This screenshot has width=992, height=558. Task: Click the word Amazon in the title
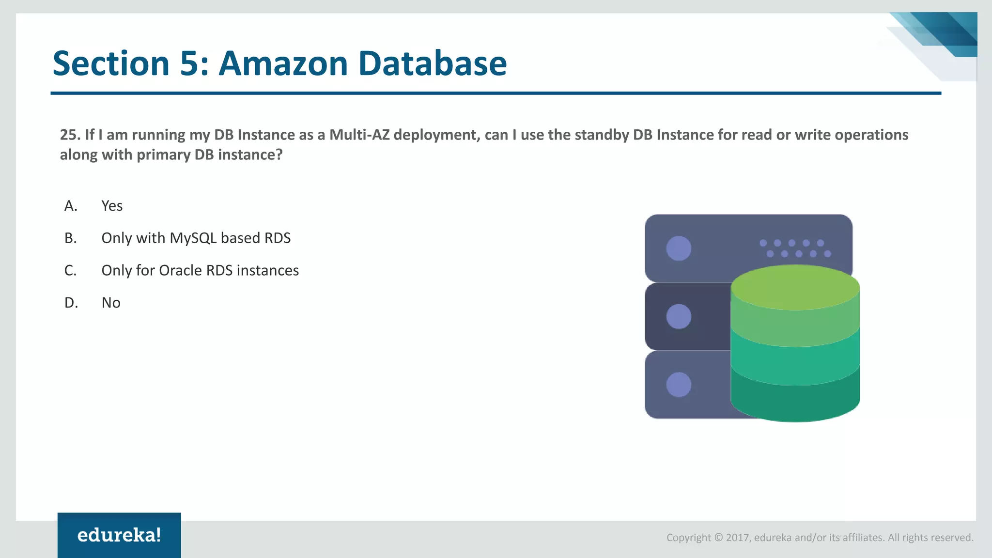[283, 63]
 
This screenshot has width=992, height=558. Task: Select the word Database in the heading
[432, 63]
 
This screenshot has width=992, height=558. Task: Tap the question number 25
[69, 135]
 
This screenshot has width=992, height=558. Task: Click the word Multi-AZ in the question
[359, 135]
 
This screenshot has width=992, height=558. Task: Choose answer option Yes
[112, 206]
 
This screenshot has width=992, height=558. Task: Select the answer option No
[111, 303]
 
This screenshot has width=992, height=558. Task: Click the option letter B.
[71, 238]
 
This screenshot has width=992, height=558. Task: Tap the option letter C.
[71, 270]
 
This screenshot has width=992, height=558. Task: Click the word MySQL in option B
[193, 238]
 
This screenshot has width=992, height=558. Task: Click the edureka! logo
[119, 535]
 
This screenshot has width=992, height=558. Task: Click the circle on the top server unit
[679, 248]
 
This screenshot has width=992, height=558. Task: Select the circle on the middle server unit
[679, 316]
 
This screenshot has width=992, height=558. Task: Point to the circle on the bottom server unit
[679, 385]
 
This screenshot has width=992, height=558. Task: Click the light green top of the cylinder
[795, 287]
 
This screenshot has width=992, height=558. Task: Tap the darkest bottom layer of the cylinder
[795, 402]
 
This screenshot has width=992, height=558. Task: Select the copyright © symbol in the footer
[719, 538]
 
